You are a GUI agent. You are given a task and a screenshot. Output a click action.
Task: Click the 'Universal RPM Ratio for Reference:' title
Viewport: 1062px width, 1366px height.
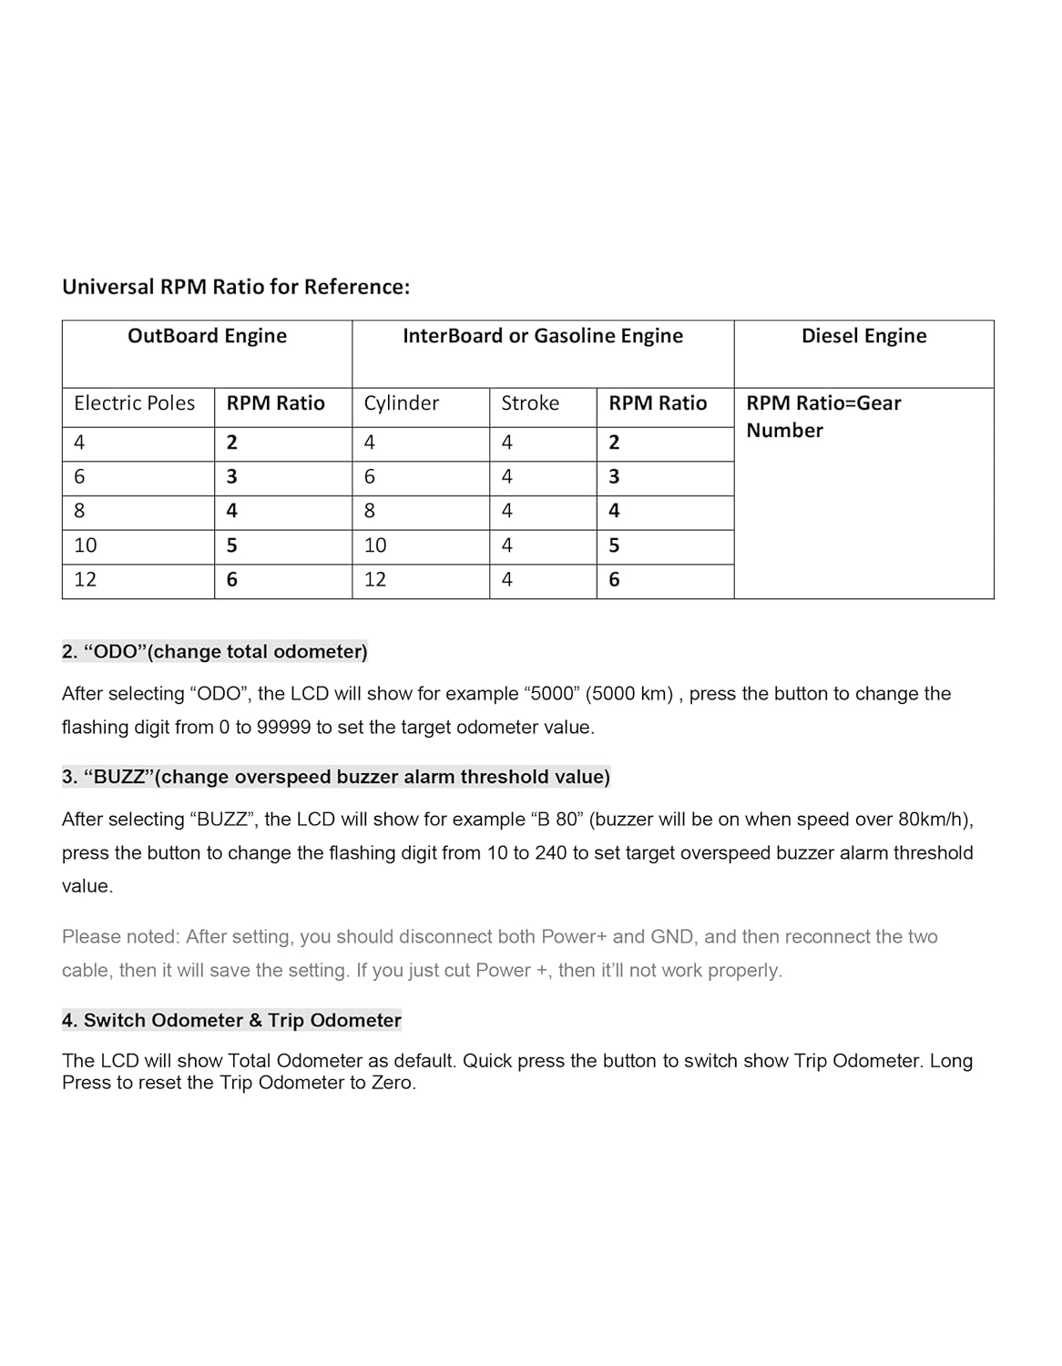(236, 287)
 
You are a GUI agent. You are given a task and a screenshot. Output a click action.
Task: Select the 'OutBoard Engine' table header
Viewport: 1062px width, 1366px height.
(207, 336)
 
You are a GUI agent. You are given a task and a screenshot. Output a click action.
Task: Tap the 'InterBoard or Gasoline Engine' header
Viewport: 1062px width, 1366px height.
(543, 336)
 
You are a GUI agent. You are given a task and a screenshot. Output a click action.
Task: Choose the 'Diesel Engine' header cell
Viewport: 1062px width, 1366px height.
(863, 336)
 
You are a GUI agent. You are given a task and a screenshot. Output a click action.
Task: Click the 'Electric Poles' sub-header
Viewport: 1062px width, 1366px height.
(134, 403)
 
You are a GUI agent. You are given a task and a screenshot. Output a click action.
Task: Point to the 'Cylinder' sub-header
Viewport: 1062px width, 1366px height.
(401, 403)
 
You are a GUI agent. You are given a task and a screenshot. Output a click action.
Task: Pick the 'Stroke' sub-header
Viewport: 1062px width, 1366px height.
(530, 403)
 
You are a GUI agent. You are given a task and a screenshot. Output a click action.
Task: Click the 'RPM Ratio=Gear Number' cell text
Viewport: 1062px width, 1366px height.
(823, 416)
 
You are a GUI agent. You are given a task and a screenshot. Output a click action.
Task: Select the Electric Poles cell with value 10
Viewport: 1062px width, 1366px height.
(86, 545)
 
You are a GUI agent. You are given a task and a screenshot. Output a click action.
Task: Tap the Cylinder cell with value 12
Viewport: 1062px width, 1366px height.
(375, 579)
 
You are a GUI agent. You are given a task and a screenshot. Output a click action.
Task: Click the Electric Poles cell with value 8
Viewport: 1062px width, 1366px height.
(79, 511)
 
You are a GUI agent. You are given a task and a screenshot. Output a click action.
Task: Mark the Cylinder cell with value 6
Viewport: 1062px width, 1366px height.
(370, 476)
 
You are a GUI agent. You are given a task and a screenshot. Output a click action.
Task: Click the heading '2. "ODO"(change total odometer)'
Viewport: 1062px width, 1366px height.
(215, 652)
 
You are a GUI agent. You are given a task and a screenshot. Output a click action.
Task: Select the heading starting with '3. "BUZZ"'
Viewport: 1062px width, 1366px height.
(336, 777)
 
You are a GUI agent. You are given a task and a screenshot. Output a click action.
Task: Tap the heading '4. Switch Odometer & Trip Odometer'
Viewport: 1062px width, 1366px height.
(231, 1020)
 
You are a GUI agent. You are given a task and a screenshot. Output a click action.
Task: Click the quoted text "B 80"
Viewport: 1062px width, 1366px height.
(554, 820)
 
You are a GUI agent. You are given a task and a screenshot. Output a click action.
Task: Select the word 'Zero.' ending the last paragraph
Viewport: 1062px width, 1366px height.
(393, 1083)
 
